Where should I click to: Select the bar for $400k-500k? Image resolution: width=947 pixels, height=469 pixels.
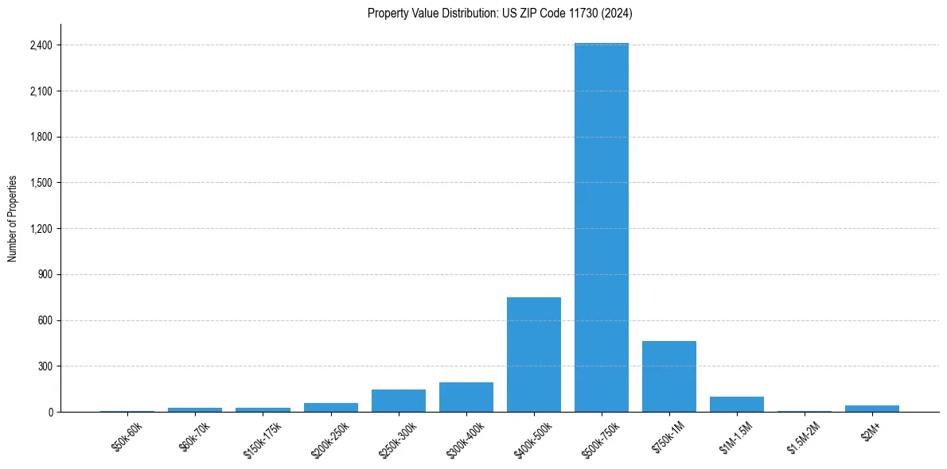point(533,355)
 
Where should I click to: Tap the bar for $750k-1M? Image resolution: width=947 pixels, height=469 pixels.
point(669,377)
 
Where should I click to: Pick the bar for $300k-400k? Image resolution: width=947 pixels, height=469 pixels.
point(466,397)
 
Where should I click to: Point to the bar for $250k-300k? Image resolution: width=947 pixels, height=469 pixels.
point(398,401)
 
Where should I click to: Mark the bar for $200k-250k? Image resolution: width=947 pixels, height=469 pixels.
point(330,407)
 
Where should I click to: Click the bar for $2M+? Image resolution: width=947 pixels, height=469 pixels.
point(872,409)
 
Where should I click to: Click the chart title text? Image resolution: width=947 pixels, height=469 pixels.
point(500,14)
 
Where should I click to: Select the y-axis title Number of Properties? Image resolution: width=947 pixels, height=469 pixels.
point(13,219)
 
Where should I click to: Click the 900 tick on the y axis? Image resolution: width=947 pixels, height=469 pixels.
point(45,275)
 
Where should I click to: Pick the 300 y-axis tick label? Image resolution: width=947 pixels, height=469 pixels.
point(45,366)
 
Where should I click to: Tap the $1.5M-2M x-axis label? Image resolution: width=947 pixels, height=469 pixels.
point(805,439)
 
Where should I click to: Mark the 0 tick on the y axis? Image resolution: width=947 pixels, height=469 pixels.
point(49,413)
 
